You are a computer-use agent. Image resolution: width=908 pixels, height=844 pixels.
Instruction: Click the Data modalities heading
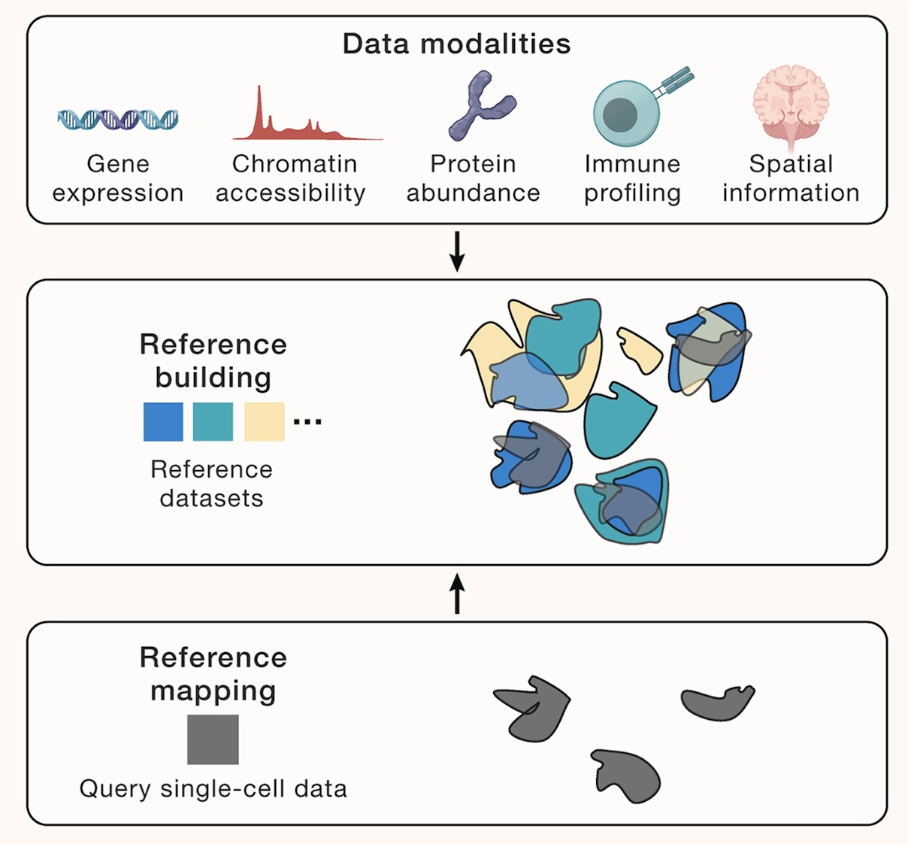click(456, 44)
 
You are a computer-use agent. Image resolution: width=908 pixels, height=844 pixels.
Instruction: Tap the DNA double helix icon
click(118, 119)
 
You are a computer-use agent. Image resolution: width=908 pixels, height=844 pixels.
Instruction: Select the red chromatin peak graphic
click(301, 120)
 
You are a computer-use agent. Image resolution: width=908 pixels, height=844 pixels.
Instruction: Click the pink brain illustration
click(791, 105)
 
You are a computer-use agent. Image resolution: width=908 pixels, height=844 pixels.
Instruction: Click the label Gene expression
click(118, 178)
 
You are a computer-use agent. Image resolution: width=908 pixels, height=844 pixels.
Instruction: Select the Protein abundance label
click(474, 178)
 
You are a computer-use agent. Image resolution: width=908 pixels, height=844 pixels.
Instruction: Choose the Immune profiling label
click(632, 178)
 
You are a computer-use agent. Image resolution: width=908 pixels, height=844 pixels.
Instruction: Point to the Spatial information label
click(791, 178)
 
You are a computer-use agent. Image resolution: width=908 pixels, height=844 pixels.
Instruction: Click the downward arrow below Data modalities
click(457, 253)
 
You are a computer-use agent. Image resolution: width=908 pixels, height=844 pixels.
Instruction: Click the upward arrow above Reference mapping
click(457, 594)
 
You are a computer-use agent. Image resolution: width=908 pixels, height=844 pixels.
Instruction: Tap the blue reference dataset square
click(163, 421)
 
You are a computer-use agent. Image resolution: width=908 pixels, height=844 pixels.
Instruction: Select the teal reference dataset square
click(213, 421)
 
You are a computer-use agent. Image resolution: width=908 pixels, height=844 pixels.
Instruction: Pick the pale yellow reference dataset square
click(264, 421)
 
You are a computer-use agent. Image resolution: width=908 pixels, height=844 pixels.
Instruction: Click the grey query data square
click(213, 739)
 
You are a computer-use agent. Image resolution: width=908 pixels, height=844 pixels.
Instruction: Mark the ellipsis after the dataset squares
click(307, 422)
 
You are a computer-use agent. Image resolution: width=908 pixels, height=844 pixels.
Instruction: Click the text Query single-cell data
click(213, 788)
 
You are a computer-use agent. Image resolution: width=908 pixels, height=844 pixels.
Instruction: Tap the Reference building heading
click(213, 360)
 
